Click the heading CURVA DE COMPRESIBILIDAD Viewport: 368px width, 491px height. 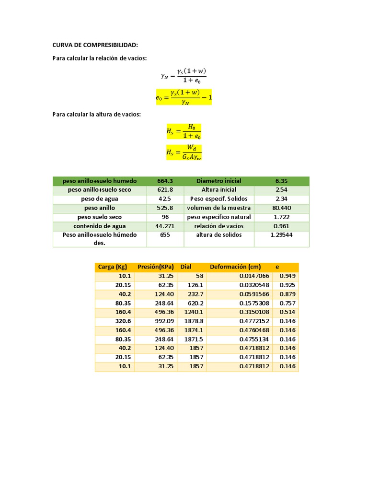[95, 45]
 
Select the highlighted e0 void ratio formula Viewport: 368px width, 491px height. [184, 97]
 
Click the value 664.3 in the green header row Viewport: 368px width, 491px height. [165, 181]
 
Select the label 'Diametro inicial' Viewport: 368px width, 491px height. [218, 181]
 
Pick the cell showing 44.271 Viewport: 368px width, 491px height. [165, 226]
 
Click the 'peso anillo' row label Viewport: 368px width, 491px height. [99, 208]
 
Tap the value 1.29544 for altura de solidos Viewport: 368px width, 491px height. [281, 235]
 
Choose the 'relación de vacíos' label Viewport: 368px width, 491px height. [218, 226]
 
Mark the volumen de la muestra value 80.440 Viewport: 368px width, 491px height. [281, 208]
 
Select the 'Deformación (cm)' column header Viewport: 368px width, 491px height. [235, 267]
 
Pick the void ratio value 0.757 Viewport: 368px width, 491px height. [287, 303]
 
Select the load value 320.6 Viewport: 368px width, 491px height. [123, 321]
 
